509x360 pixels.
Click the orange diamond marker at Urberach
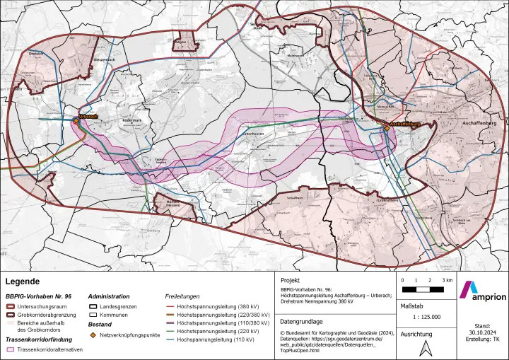coord(76,120)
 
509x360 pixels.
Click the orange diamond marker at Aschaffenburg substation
coord(387,128)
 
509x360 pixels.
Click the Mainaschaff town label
coord(385,105)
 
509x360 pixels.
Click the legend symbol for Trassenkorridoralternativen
coord(11,349)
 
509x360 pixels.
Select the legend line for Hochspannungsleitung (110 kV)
coord(170,340)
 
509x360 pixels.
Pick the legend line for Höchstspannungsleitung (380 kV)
coord(170,307)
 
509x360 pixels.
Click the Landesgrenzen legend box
coord(93,307)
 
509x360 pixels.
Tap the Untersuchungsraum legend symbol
coord(11,307)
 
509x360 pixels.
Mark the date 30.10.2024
coord(483,333)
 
